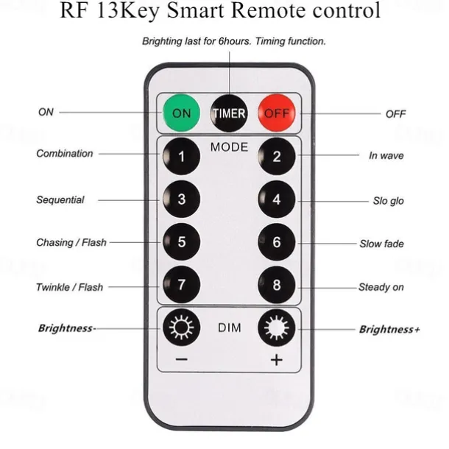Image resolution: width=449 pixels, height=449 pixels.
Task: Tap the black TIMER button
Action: pyautogui.click(x=229, y=114)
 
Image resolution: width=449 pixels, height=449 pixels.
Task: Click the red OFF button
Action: pyautogui.click(x=277, y=114)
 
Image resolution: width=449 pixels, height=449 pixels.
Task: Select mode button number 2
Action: pyautogui.click(x=277, y=156)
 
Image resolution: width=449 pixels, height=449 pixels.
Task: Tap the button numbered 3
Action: pyautogui.click(x=181, y=199)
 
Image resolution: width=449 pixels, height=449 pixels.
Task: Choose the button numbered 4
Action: pyautogui.click(x=277, y=199)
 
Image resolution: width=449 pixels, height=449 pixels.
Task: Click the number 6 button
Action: pyautogui.click(x=277, y=242)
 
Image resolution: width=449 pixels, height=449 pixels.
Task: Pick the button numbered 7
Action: pyautogui.click(x=181, y=285)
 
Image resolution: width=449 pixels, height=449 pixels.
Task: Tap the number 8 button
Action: pyautogui.click(x=277, y=285)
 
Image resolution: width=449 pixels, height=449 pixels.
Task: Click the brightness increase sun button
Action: pyautogui.click(x=277, y=328)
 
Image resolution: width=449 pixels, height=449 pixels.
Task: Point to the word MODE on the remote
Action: pyautogui.click(x=229, y=147)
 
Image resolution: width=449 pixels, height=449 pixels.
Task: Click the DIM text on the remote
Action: pyautogui.click(x=229, y=328)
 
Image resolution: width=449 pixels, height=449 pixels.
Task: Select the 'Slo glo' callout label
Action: pyautogui.click(x=387, y=201)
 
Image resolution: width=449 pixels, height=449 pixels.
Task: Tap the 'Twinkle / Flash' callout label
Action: pyautogui.click(x=70, y=286)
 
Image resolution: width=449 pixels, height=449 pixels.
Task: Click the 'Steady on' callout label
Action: pyautogui.click(x=381, y=287)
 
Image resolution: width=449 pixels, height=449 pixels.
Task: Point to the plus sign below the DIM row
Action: pyautogui.click(x=277, y=361)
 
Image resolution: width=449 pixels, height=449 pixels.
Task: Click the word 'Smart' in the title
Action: pyautogui.click(x=220, y=12)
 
